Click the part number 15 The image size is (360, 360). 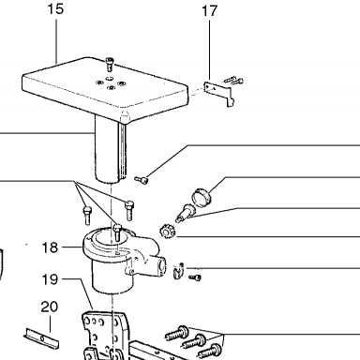tap(55, 9)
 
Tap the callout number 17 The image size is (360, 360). tap(209, 11)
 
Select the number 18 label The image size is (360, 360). tap(50, 247)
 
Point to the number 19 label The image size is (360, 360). tap(50, 279)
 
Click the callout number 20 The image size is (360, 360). tap(50, 307)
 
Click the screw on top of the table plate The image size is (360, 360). tap(110, 64)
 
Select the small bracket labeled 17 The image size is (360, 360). tap(219, 94)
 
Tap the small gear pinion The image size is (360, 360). tap(167, 232)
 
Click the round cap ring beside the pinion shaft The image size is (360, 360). tap(202, 197)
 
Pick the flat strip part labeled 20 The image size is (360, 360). tap(41, 338)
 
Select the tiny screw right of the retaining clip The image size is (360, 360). tap(195, 277)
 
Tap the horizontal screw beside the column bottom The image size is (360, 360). tap(141, 180)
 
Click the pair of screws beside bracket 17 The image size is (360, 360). tap(233, 81)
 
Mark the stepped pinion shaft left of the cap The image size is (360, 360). tap(185, 212)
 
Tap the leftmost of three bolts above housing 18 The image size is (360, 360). tap(87, 215)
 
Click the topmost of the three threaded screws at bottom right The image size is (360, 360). tap(177, 333)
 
